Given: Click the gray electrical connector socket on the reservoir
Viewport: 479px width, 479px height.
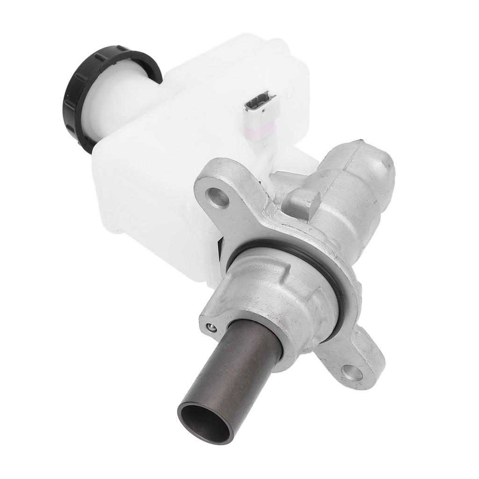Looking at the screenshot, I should [260, 101].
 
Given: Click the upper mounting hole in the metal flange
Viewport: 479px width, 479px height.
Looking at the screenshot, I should [218, 198].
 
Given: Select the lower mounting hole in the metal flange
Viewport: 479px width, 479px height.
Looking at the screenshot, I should [352, 372].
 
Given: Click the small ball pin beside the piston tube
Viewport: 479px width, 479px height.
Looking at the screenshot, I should [211, 327].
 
